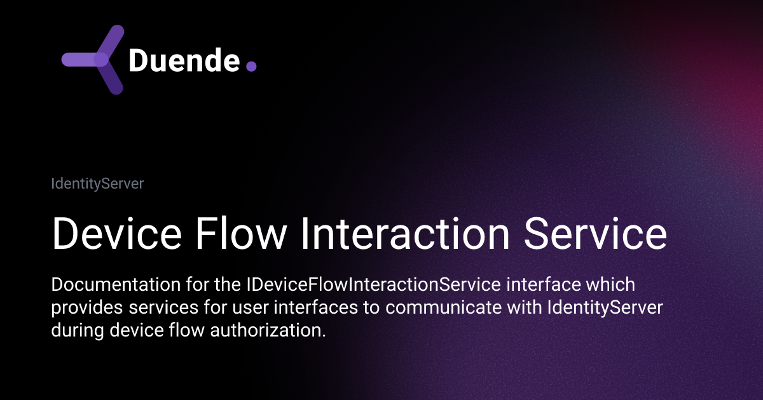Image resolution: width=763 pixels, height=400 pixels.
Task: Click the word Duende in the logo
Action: (x=184, y=60)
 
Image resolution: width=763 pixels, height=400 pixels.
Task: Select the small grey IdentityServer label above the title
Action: (x=97, y=184)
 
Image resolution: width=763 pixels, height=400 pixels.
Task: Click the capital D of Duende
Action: (x=138, y=60)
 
